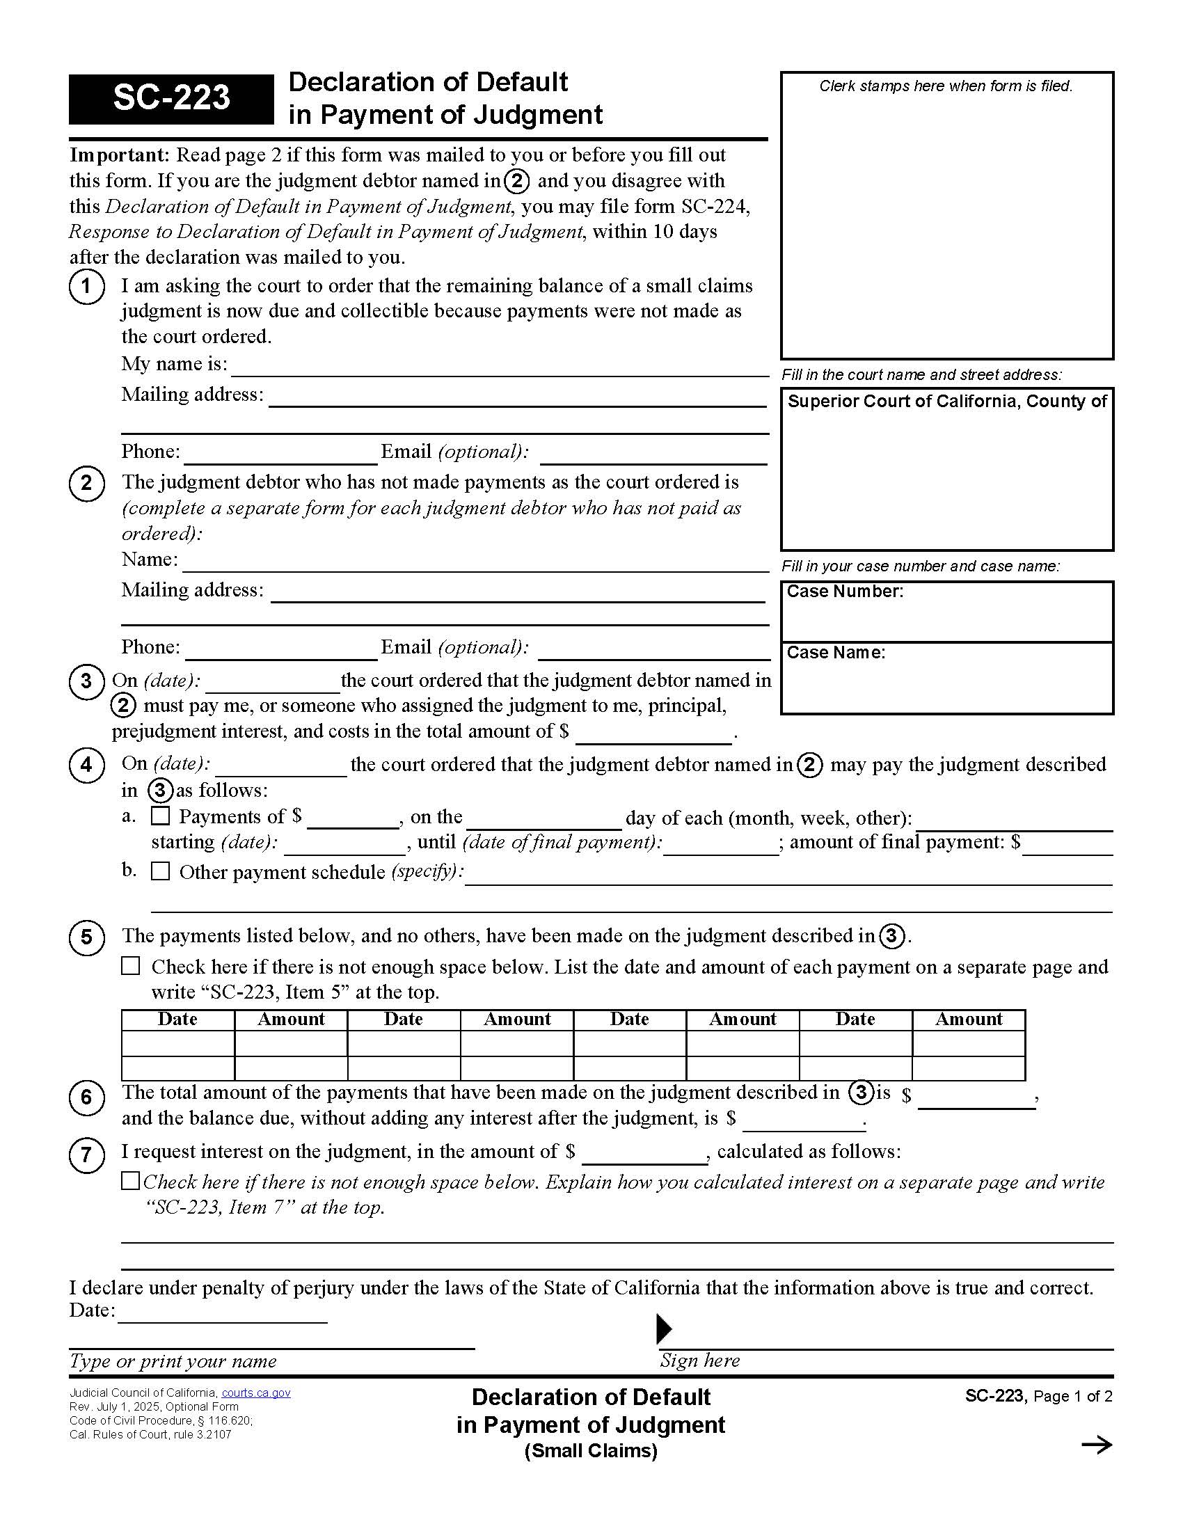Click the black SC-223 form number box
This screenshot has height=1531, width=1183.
point(171,99)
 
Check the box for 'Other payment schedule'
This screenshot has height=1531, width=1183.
point(161,871)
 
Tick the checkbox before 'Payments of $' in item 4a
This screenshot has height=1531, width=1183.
point(161,816)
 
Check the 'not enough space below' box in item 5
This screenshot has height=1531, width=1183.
point(131,966)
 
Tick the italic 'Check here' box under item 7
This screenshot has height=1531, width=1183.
point(130,1181)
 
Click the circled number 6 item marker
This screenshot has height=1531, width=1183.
point(86,1097)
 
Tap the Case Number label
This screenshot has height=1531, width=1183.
point(845,592)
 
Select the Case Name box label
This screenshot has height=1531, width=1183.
point(835,653)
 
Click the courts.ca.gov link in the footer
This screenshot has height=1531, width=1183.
point(256,1393)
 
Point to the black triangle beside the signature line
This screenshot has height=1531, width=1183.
point(664,1329)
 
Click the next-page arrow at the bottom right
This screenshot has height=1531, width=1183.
point(1097,1445)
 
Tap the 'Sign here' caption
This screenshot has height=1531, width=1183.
point(699,1361)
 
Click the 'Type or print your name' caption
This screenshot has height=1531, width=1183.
point(173,1361)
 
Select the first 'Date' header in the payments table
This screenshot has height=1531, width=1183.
point(177,1020)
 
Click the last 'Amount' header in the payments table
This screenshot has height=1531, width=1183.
point(969,1020)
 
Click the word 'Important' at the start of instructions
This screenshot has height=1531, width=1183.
point(118,154)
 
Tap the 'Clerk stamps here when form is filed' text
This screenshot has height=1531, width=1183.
point(946,86)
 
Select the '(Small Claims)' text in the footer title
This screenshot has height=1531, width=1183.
point(591,1450)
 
